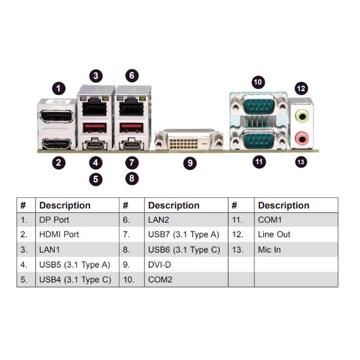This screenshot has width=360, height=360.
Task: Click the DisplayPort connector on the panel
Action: pos(56,116)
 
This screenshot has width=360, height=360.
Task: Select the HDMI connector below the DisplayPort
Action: pos(56,144)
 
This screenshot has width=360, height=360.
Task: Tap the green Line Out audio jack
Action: pos(302,116)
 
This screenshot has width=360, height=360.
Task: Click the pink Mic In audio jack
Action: pos(302,139)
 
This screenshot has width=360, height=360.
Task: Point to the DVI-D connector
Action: pos(189,141)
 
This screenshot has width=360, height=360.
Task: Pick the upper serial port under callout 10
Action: pos(259,105)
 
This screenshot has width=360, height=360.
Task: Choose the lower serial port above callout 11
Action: pos(259,139)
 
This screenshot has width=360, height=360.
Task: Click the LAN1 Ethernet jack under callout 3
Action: pos(95,107)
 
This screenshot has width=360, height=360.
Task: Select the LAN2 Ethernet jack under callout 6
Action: pos(131,107)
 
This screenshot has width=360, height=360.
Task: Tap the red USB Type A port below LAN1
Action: pos(95,128)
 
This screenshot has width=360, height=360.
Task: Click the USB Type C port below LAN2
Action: pos(131,145)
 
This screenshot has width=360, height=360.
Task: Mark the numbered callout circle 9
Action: pos(190,163)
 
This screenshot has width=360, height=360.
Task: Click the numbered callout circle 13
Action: pos(301,162)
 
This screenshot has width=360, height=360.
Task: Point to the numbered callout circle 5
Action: pos(95,179)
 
